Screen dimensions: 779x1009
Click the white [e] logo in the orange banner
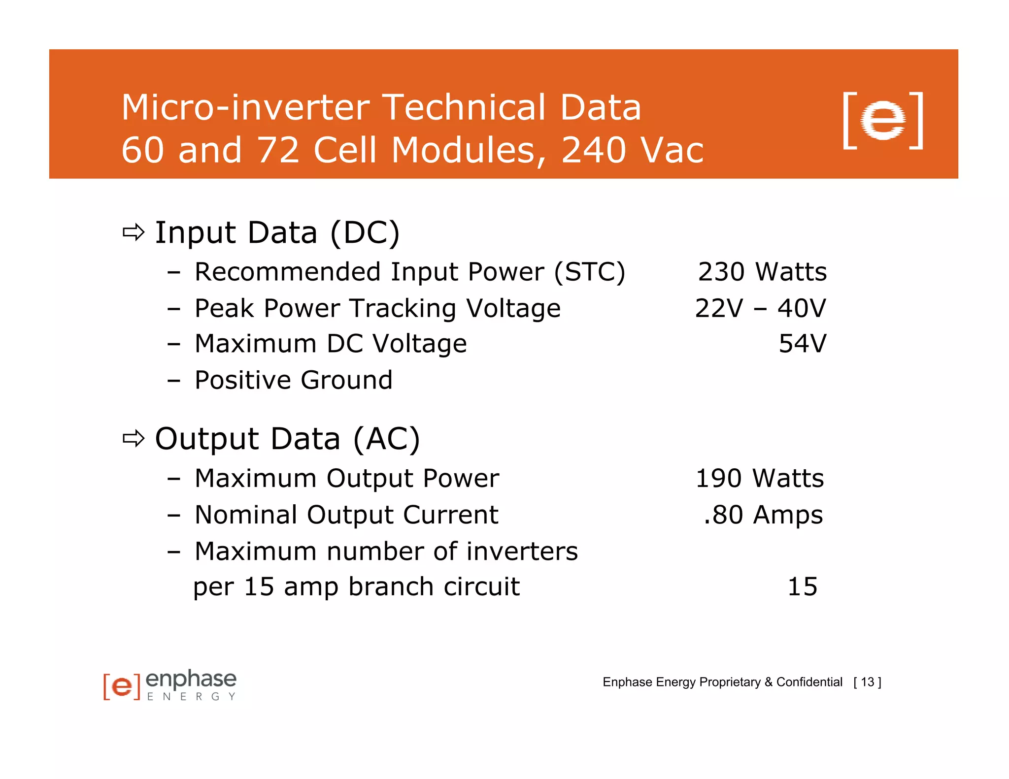click(x=883, y=120)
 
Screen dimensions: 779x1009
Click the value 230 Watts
click(x=762, y=272)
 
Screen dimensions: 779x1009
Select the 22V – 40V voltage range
click(x=760, y=309)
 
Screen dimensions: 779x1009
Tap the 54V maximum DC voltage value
click(x=802, y=344)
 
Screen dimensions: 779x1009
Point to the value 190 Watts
click(x=759, y=478)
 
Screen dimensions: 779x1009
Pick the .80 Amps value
click(x=763, y=515)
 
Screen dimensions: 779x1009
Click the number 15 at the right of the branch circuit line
click(x=802, y=586)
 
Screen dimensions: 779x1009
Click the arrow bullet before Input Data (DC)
click(x=134, y=232)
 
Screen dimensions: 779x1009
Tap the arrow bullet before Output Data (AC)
click(x=134, y=438)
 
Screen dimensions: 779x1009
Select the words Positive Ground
click(x=294, y=380)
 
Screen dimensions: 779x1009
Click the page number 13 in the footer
click(x=868, y=682)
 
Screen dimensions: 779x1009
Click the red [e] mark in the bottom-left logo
click(x=122, y=686)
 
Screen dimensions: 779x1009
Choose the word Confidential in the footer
click(x=809, y=682)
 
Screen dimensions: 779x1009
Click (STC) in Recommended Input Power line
click(x=590, y=272)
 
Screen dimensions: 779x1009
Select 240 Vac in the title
click(x=633, y=150)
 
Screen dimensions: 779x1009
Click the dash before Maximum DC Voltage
click(x=173, y=344)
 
